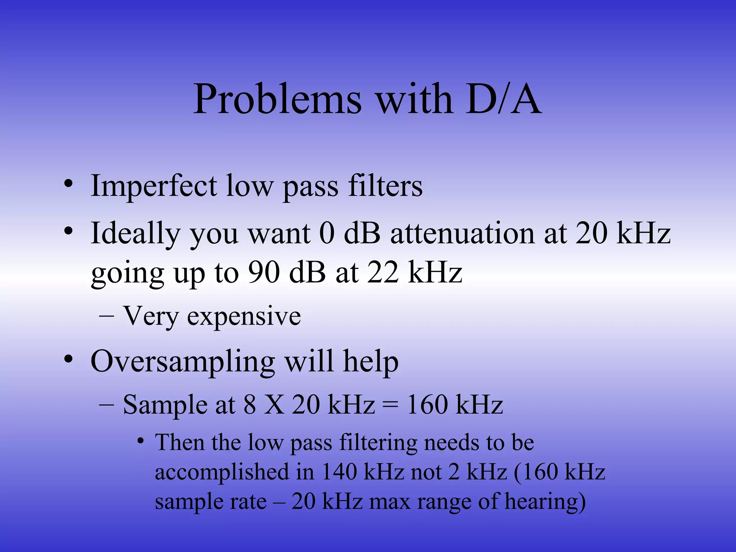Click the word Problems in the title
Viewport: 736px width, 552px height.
pyautogui.click(x=277, y=99)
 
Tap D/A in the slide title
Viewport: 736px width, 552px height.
pyautogui.click(x=503, y=99)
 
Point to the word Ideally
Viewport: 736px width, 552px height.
pyautogui.click(x=135, y=234)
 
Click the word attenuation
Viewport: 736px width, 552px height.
pyautogui.click(x=462, y=234)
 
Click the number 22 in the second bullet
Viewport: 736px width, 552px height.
pyautogui.click(x=382, y=272)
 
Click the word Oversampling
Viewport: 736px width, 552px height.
pyautogui.click(x=183, y=362)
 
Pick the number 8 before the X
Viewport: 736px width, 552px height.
pyautogui.click(x=250, y=405)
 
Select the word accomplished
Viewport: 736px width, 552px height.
pyautogui.click(x=222, y=472)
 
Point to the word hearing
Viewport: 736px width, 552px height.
pyautogui.click(x=545, y=502)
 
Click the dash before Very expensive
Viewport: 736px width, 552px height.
pyautogui.click(x=106, y=316)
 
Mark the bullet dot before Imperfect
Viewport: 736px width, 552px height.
pyautogui.click(x=68, y=184)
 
